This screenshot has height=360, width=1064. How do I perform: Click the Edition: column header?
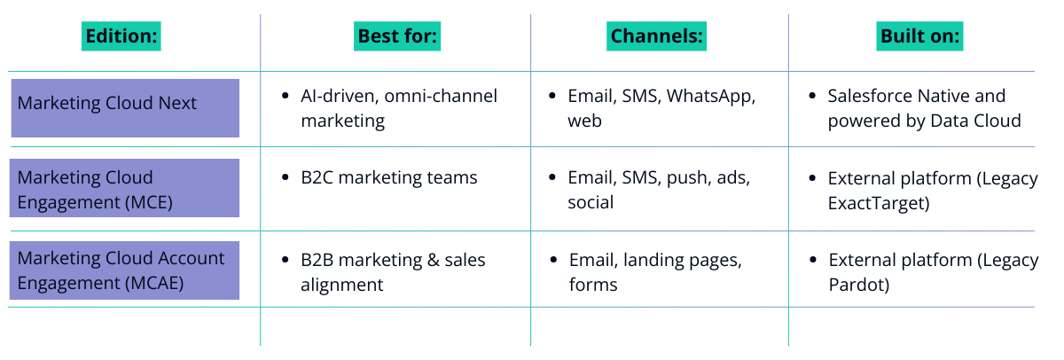coord(121,36)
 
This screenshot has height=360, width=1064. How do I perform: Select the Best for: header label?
coord(397,36)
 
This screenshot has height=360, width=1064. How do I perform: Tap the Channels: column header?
coord(656,36)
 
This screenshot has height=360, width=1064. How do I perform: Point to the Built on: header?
coord(919,36)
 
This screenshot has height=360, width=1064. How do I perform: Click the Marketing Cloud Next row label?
coord(107,103)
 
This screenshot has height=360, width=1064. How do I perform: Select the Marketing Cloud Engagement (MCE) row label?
coord(95,190)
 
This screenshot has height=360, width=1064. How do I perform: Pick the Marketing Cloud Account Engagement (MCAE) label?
coord(121,270)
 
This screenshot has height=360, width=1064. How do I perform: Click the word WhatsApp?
coord(710,97)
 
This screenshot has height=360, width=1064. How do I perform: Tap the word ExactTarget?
coord(879,203)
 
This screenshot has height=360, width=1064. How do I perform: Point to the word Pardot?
coord(859,285)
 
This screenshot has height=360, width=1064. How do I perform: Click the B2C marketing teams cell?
coord(389,177)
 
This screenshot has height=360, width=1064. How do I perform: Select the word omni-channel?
coord(441,96)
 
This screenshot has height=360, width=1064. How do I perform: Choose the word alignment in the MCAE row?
coord(342,285)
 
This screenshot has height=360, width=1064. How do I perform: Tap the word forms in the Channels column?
coord(593,285)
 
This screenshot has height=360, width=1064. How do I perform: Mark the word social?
coord(591,203)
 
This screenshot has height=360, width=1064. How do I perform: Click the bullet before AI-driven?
coord(285,96)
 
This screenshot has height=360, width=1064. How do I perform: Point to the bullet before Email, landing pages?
coord(553,260)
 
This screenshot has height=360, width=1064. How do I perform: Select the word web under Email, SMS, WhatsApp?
coord(584,121)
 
